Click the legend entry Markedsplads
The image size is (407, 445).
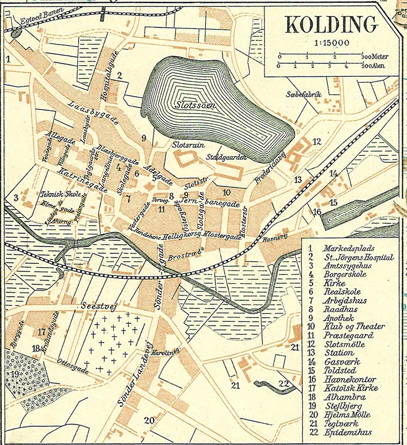point(348,248)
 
